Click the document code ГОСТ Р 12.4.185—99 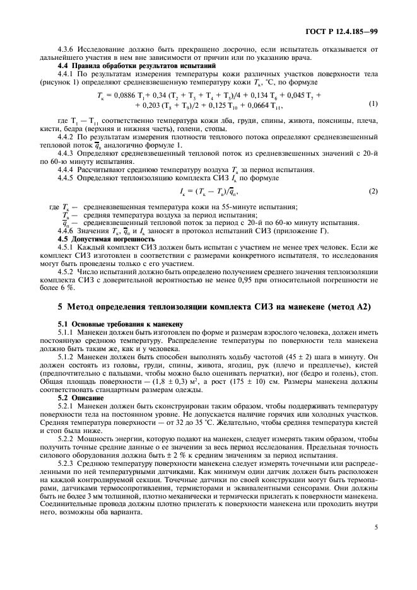[x=341, y=30]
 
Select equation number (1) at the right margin [x=373, y=104]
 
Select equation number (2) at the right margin [x=373, y=190]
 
